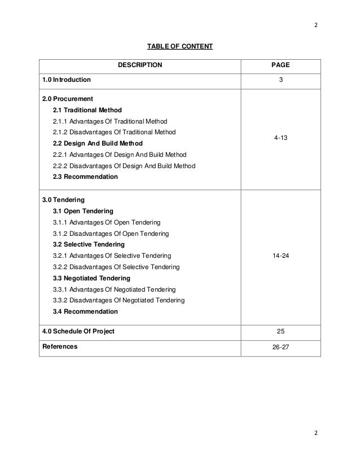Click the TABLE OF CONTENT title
[x=180, y=45]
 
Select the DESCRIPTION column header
[x=139, y=65]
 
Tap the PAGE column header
[x=281, y=65]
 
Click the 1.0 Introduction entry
[x=66, y=80]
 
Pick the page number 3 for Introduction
[x=281, y=80]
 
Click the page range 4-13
[x=281, y=137]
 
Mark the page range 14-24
[x=281, y=256]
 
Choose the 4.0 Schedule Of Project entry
[x=78, y=331]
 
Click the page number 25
[x=281, y=331]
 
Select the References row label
[x=60, y=346]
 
